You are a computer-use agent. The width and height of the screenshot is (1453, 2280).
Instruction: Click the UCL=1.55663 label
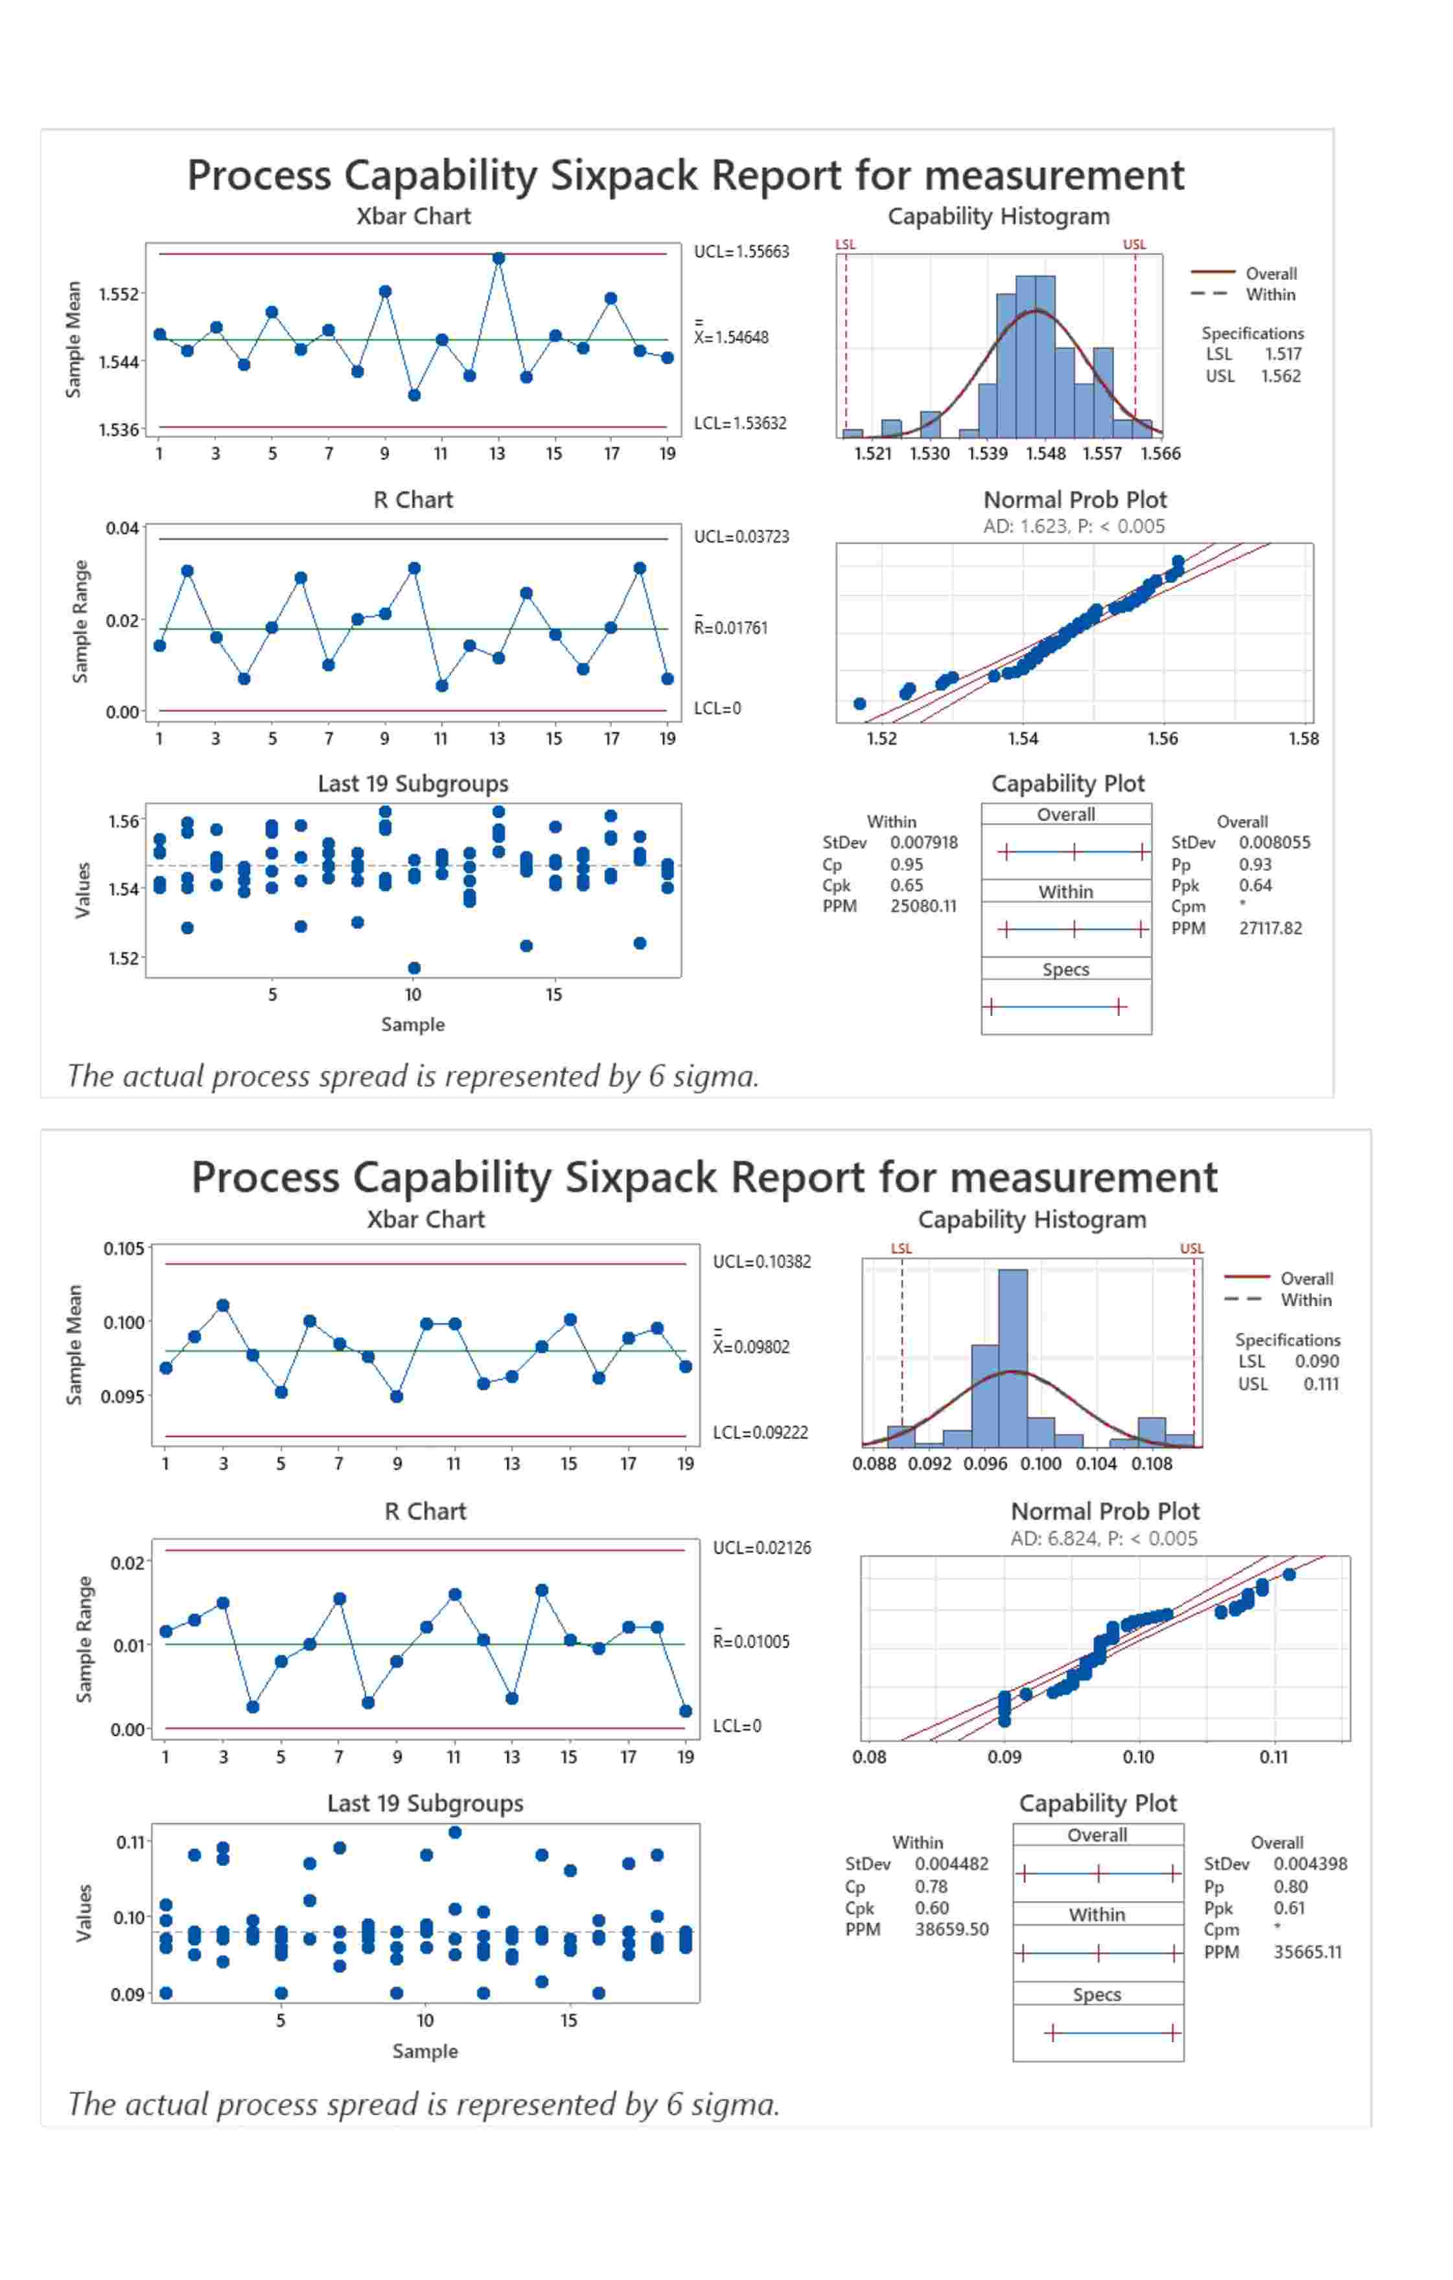pyautogui.click(x=741, y=252)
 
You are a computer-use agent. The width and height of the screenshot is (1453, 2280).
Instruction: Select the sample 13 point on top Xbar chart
pyautogui.click(x=498, y=257)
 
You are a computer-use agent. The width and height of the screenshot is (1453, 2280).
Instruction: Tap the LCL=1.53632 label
pyautogui.click(x=739, y=423)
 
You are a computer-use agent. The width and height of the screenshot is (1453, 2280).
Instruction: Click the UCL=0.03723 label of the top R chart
pyautogui.click(x=741, y=537)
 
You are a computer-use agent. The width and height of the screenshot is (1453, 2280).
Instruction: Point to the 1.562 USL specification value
pyautogui.click(x=1280, y=376)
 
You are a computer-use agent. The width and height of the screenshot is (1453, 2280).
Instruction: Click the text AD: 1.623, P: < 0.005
pyautogui.click(x=1073, y=527)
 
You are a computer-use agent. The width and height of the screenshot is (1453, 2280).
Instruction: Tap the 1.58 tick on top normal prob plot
pyautogui.click(x=1303, y=739)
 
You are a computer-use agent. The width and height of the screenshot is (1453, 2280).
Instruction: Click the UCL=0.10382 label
pyautogui.click(x=761, y=1261)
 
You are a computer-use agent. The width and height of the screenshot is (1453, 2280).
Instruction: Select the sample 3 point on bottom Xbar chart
pyautogui.click(x=224, y=1306)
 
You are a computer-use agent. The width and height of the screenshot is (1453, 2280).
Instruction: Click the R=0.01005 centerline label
pyautogui.click(x=751, y=1641)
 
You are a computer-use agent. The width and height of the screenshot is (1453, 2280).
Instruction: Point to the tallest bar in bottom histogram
pyautogui.click(x=1012, y=1354)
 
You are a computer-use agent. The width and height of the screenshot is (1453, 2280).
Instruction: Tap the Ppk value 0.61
pyautogui.click(x=1288, y=1908)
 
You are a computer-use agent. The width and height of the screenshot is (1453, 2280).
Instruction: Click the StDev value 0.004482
pyautogui.click(x=951, y=1863)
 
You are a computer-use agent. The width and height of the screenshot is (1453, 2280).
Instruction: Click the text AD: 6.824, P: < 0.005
pyautogui.click(x=1104, y=1539)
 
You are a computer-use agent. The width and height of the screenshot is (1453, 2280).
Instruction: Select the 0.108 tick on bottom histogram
pyautogui.click(x=1152, y=1464)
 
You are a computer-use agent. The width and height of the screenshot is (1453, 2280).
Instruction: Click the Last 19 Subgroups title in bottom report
pyautogui.click(x=425, y=1804)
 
